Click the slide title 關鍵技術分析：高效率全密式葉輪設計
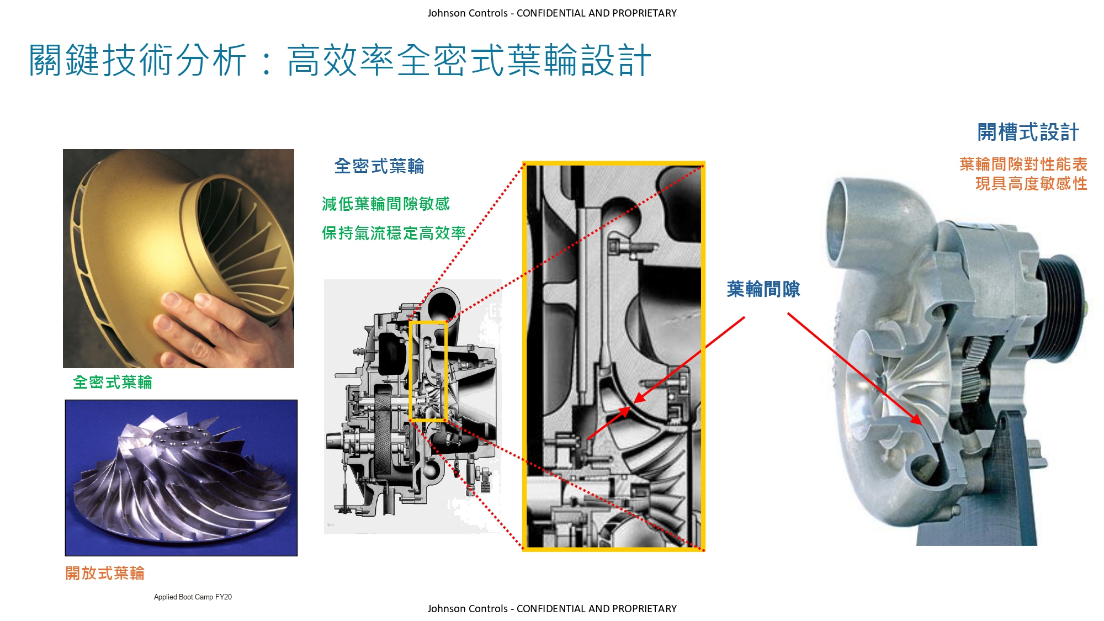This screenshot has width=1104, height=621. coord(340,60)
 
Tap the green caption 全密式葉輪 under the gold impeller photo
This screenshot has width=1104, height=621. coord(113,382)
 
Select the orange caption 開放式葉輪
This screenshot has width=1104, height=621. coord(105,573)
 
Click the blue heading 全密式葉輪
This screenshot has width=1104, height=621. coord(379,166)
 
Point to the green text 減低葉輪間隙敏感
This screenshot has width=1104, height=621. coord(386,204)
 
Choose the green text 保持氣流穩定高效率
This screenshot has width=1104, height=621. coord(394,233)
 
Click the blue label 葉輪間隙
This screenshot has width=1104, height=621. coord(763,289)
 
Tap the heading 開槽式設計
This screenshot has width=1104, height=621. coord(1028,132)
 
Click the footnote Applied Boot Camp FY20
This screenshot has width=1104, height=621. coord(193,597)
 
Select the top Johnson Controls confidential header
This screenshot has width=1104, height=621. coord(552,13)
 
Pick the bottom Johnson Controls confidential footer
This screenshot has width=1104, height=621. coord(552,608)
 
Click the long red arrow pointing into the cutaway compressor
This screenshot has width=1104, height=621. coord(855,369)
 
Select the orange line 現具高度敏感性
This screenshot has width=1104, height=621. coord(1031,183)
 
